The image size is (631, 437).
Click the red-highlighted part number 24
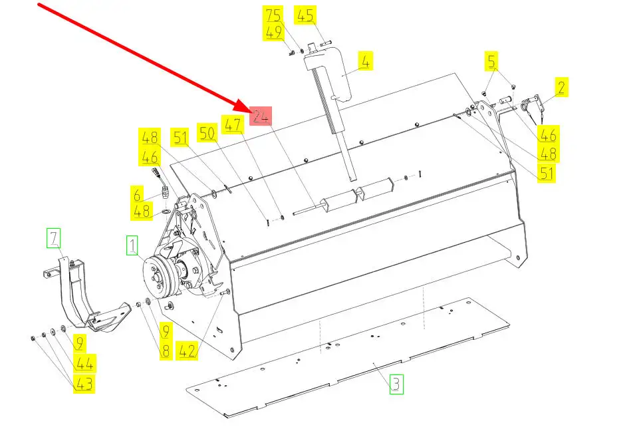click(261, 116)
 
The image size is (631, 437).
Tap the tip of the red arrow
click(250, 110)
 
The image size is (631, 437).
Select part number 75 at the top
click(273, 15)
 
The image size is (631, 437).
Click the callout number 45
click(305, 15)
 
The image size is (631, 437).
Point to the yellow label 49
click(273, 32)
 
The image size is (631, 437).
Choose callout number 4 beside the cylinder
click(366, 61)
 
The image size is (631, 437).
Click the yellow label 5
click(491, 61)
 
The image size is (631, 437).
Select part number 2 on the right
click(561, 87)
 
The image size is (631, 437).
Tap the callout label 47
click(233, 124)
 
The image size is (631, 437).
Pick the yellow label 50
click(207, 132)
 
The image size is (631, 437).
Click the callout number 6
click(138, 194)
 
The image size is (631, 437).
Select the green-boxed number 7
click(53, 237)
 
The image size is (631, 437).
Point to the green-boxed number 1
click(132, 245)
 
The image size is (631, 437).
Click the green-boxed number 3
click(396, 384)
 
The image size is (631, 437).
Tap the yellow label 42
click(188, 351)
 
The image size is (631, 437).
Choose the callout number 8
click(166, 351)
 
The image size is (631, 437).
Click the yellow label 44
click(84, 363)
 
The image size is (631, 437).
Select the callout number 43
click(84, 384)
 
